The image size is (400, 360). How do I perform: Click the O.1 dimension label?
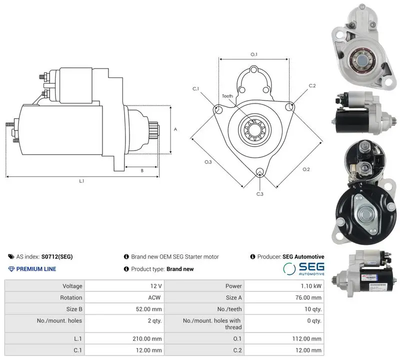pos(254,54)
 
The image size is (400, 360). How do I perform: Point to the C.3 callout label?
pos(259,194)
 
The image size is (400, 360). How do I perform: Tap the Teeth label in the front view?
pos(227,96)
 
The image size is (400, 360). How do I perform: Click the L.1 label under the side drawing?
pos(81,181)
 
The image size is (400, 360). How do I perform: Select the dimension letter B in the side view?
pos(142,170)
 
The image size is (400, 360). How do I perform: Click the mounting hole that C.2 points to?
pos(289,106)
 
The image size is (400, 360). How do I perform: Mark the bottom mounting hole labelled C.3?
pos(259,171)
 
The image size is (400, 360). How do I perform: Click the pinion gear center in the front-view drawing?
pos(255,130)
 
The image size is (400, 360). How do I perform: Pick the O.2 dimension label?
pos(306,169)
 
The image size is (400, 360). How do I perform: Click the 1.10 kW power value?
pos(311,286)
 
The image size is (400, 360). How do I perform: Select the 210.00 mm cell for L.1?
pos(147,339)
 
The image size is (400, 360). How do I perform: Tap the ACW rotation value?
pos(154,297)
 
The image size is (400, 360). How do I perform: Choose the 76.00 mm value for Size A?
pos(308,297)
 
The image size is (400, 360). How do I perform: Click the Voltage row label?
pos(72,286)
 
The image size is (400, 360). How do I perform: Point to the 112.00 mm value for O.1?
pos(307,339)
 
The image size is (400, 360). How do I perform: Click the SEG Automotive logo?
pos(303,268)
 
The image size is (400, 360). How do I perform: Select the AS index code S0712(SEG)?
pos(57,256)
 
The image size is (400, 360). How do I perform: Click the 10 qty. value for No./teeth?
pos(313,309)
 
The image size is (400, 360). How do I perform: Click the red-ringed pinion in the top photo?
pos(361,60)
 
